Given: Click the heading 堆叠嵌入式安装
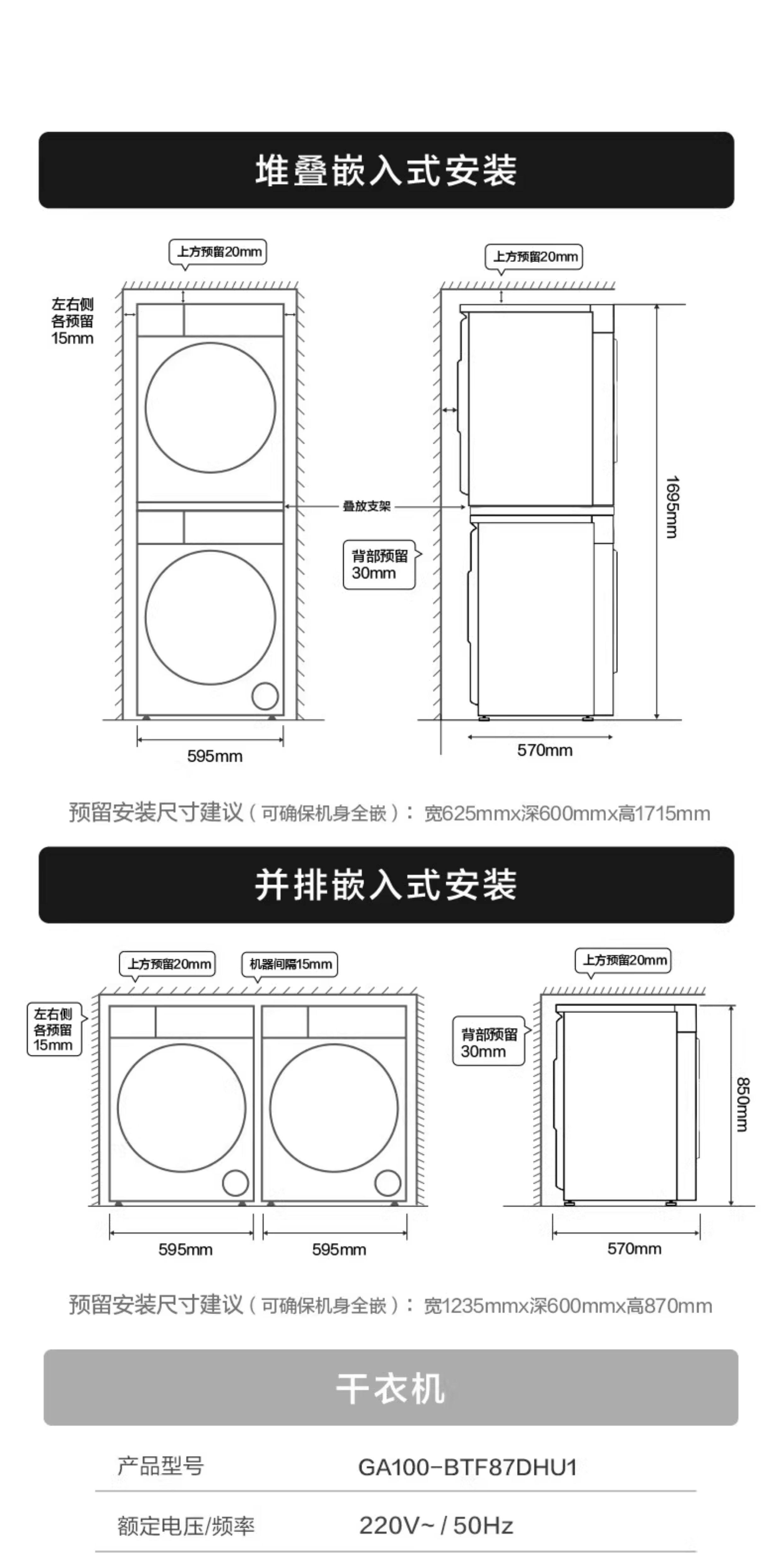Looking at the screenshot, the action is tap(386, 170).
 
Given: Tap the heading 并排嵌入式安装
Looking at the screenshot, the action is tap(386, 885).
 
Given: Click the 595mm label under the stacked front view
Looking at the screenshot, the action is tap(215, 756).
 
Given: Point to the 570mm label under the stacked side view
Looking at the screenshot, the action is tap(545, 750).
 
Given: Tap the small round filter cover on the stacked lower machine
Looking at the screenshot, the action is tap(265, 696).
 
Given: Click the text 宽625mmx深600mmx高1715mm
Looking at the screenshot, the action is tap(567, 813).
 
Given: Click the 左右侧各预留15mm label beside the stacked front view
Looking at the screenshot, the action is tap(72, 322).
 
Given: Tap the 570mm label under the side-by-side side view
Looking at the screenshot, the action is tap(634, 1249).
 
